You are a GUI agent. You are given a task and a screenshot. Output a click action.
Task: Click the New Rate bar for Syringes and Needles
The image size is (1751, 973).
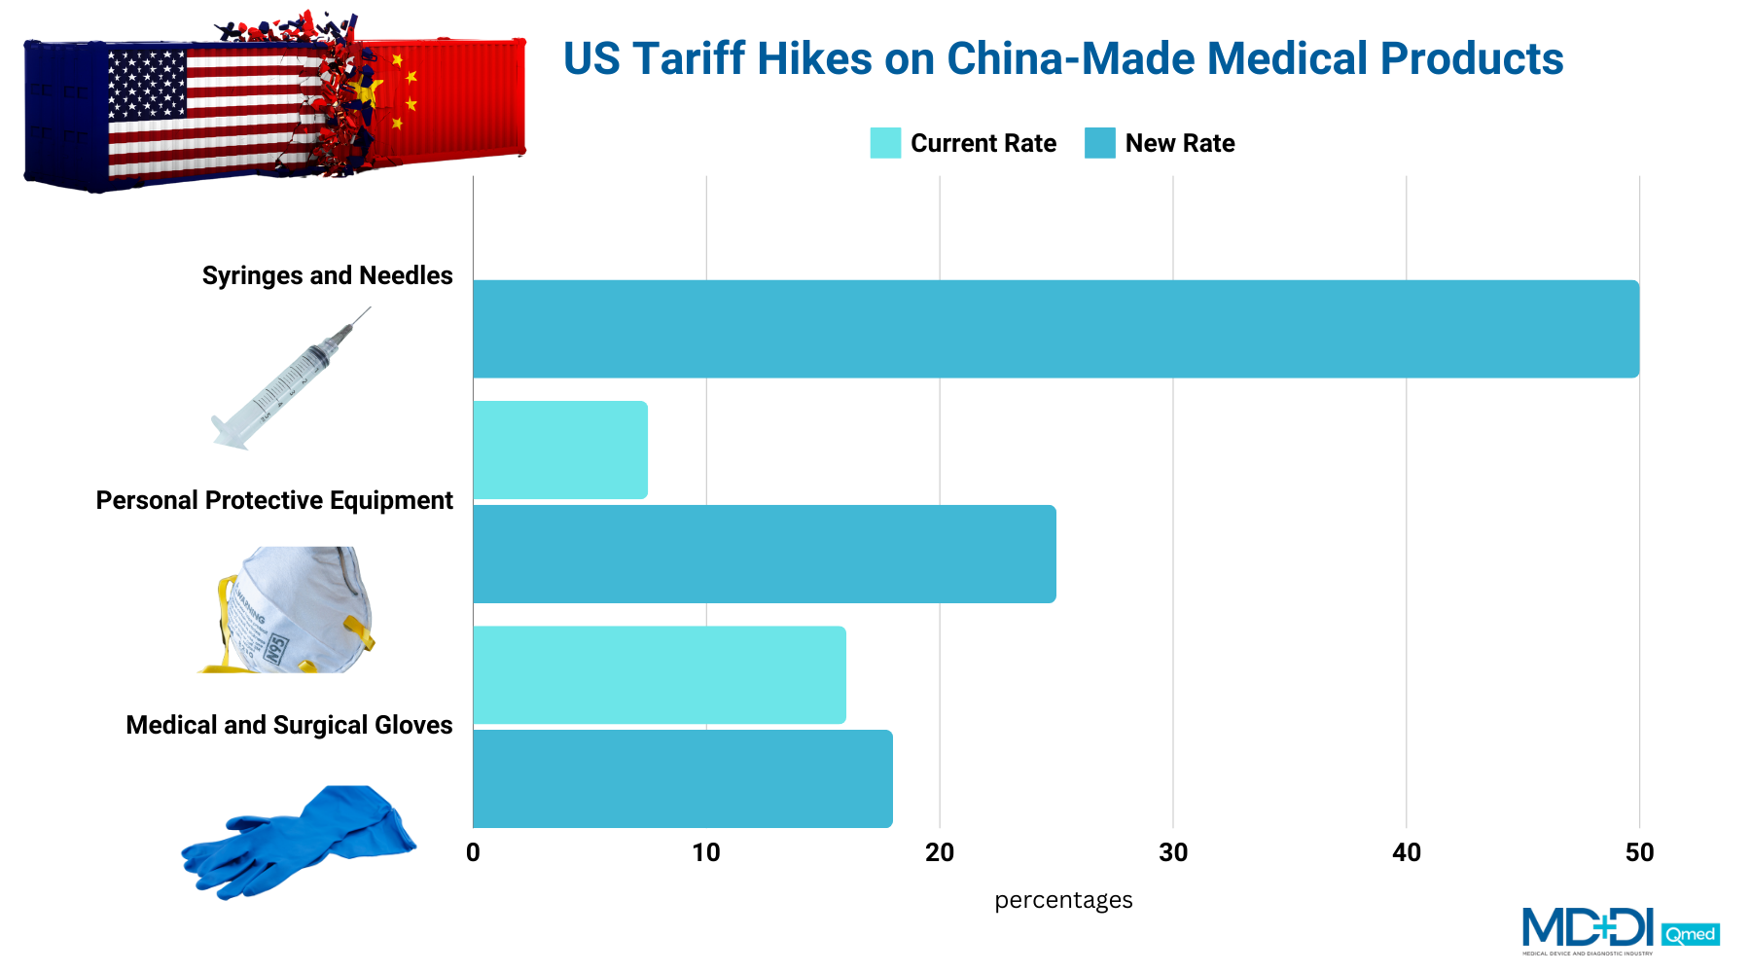click(x=1055, y=329)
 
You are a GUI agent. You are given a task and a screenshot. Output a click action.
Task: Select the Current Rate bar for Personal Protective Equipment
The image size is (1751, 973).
click(x=560, y=450)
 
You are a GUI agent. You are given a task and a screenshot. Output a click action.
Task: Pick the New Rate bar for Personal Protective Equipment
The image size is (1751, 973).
click(x=764, y=554)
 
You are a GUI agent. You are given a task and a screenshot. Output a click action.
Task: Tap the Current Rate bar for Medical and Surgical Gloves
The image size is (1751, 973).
click(x=660, y=675)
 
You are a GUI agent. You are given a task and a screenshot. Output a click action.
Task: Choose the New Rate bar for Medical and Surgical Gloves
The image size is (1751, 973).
click(x=682, y=778)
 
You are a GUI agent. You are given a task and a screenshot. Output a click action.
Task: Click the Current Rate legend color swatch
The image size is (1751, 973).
click(x=885, y=143)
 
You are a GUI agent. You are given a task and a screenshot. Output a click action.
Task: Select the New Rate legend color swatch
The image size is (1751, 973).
click(x=1100, y=143)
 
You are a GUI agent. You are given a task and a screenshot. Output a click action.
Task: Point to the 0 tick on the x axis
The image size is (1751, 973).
click(x=473, y=853)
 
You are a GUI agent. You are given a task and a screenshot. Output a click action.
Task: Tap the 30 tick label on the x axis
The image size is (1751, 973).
click(x=1173, y=853)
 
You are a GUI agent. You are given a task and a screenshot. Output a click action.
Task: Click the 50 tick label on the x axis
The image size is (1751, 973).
click(x=1639, y=853)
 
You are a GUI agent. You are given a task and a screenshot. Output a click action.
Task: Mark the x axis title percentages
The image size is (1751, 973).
click(x=1063, y=900)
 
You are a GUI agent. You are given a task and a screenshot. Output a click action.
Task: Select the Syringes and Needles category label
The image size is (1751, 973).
click(x=327, y=275)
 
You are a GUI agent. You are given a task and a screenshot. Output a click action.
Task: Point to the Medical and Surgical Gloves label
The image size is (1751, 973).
click(x=289, y=725)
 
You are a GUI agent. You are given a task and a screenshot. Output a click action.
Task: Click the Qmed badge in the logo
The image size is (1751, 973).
click(x=1691, y=935)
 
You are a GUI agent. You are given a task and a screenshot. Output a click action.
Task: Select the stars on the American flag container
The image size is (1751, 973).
click(x=146, y=84)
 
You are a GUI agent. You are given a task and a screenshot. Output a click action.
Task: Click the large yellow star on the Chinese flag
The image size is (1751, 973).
click(x=367, y=92)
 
